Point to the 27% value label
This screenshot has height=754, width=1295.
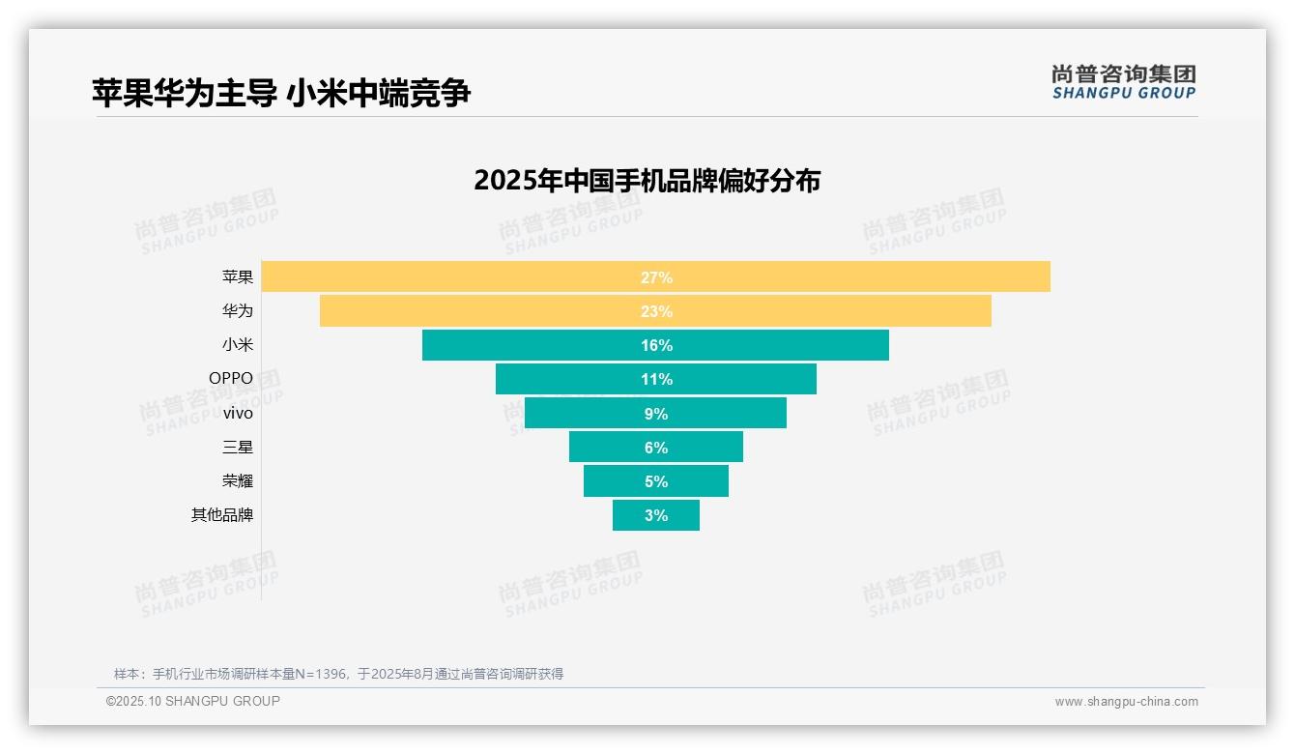(656, 277)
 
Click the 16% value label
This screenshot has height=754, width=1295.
(656, 345)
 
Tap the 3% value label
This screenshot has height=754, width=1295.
(656, 515)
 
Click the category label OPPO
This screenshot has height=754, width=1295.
(231, 379)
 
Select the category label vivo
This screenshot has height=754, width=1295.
(238, 413)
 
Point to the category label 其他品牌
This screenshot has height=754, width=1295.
(222, 515)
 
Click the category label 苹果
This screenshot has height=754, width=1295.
(238, 277)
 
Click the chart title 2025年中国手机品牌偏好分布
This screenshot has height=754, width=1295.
(647, 181)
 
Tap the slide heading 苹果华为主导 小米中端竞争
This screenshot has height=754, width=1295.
(281, 93)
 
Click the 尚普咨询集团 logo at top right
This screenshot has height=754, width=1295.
(1123, 82)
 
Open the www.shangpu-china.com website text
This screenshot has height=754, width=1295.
(1126, 702)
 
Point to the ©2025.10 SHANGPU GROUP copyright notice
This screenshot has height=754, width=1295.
(193, 701)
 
